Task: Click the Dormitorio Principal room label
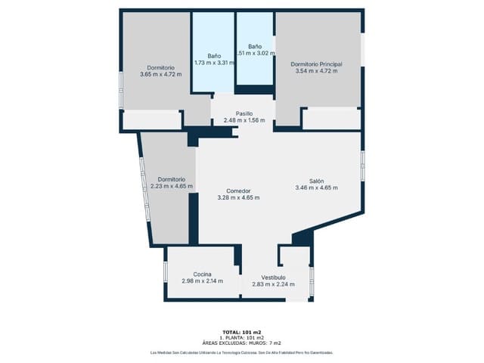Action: pyautogui.click(x=316, y=64)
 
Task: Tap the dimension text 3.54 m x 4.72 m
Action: pyautogui.click(x=316, y=72)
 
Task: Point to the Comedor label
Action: pyautogui.click(x=238, y=191)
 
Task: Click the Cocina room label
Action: pyautogui.click(x=202, y=274)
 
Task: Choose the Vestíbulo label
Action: pyautogui.click(x=273, y=277)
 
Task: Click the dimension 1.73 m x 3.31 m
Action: pyautogui.click(x=214, y=63)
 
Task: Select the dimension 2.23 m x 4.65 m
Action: pyautogui.click(x=171, y=186)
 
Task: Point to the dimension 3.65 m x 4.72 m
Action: pyautogui.click(x=161, y=74)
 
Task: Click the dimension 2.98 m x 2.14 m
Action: pyautogui.click(x=202, y=281)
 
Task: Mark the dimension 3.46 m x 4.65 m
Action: pyautogui.click(x=316, y=188)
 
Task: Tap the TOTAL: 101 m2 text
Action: pyautogui.click(x=242, y=332)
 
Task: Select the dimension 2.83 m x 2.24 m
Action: pyautogui.click(x=273, y=284)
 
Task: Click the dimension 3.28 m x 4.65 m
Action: pyautogui.click(x=238, y=198)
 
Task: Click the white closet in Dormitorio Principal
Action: pyautogui.click(x=331, y=118)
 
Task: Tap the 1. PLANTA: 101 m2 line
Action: pyautogui.click(x=242, y=337)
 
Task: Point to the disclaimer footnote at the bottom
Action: pyautogui.click(x=242, y=352)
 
